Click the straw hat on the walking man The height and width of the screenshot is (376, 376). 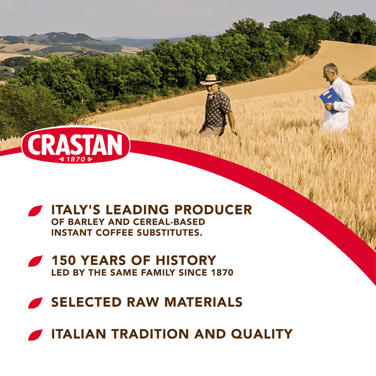click(x=210, y=79)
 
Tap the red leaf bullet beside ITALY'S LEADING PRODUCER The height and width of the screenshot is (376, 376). click(x=35, y=211)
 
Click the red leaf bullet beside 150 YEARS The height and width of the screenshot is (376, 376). click(x=35, y=261)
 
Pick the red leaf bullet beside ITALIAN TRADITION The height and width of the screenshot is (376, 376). click(x=35, y=335)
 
